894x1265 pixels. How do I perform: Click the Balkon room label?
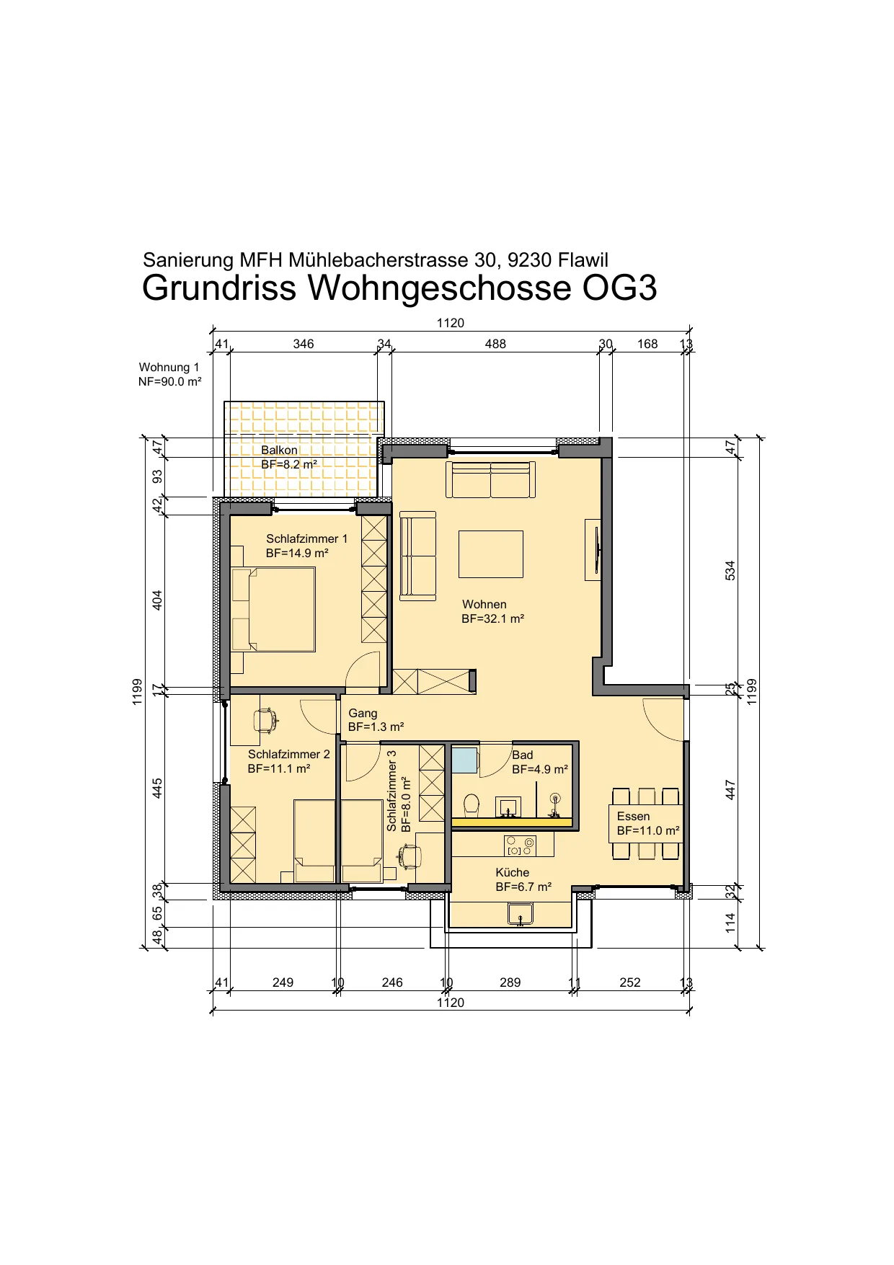coord(279,450)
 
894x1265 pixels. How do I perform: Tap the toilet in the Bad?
coord(472,804)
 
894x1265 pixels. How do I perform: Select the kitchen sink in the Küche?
coord(520,915)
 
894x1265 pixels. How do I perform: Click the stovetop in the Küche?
coord(520,845)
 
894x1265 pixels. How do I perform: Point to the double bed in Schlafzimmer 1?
coord(273,610)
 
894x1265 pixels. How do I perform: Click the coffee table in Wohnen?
coord(490,554)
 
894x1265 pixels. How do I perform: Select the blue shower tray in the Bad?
coord(465,760)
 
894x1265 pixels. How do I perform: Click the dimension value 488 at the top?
coord(495,344)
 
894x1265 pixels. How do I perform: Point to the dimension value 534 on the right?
coord(730,571)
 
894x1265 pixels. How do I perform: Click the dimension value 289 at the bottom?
coord(510,982)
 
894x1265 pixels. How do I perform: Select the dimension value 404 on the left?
coord(157,600)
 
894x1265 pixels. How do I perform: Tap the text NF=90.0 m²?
coord(170,382)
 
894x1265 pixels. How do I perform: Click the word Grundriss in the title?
coord(219,288)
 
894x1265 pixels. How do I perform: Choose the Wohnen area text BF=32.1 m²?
coord(493,619)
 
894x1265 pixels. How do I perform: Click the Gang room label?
coord(363,713)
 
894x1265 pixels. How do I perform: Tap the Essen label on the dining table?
coord(633,816)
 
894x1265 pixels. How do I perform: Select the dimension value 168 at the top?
coord(647,344)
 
